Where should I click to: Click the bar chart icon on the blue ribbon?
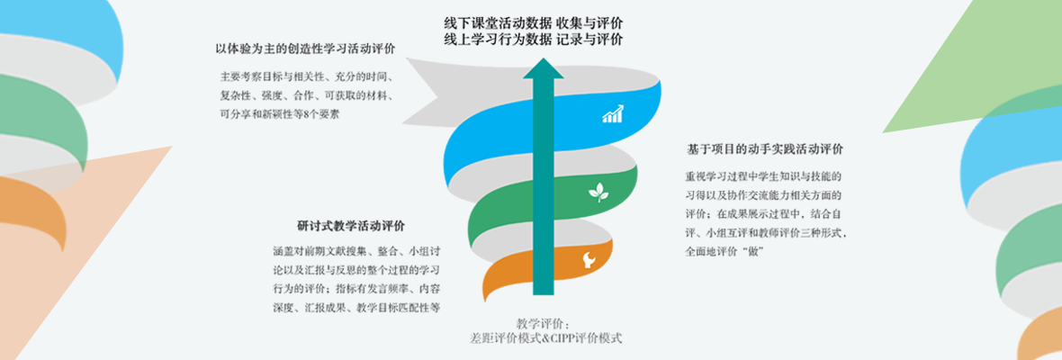(x=614, y=114)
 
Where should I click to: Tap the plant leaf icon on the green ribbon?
(x=598, y=191)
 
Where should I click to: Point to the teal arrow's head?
(x=543, y=68)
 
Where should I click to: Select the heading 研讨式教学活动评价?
(x=351, y=225)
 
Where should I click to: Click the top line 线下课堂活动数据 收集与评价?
(x=534, y=22)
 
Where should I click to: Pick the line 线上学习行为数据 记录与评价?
(x=534, y=40)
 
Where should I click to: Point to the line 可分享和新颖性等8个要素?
(x=280, y=114)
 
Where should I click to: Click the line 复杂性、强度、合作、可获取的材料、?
(x=311, y=94)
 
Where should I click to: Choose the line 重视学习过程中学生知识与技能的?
(x=763, y=175)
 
